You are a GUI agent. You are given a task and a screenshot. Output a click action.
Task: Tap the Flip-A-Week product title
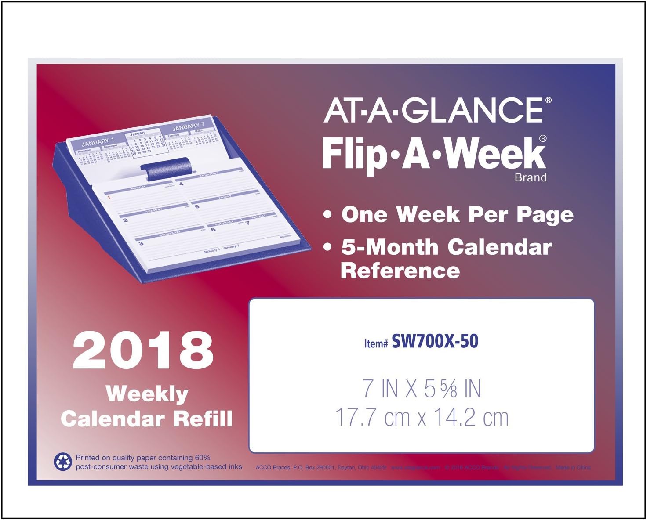pos(434,154)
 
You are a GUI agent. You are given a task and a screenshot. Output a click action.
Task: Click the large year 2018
pos(143,350)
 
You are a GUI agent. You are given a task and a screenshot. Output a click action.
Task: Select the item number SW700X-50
pos(435,341)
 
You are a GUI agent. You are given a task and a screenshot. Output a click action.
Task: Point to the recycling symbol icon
pos(62,462)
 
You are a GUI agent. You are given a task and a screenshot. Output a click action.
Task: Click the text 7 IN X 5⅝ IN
pos(422,389)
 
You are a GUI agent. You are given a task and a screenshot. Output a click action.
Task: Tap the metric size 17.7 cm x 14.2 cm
pos(422,417)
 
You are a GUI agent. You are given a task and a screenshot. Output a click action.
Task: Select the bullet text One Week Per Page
pos(457,215)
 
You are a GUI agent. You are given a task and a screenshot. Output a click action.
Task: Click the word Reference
pos(400,271)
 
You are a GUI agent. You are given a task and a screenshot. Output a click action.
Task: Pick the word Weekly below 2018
pos(147,394)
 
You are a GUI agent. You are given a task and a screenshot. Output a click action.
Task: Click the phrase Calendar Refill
pos(147,419)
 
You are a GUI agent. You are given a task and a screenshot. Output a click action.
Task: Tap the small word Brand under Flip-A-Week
pos(531,178)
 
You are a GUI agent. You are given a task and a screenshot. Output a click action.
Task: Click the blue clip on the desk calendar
pos(166,169)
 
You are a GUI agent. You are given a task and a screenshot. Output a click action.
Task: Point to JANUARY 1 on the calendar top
pos(98,142)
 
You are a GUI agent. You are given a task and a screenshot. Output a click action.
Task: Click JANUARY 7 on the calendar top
pos(188,127)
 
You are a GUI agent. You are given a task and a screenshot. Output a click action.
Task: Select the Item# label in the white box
pos(376,343)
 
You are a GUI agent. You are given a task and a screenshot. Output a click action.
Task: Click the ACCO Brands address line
pos(321,468)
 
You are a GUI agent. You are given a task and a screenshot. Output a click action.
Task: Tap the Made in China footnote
pos(573,468)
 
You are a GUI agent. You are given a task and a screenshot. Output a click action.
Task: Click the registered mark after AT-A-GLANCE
pos(548,100)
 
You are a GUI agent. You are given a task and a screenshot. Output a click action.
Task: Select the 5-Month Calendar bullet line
pos(447,247)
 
